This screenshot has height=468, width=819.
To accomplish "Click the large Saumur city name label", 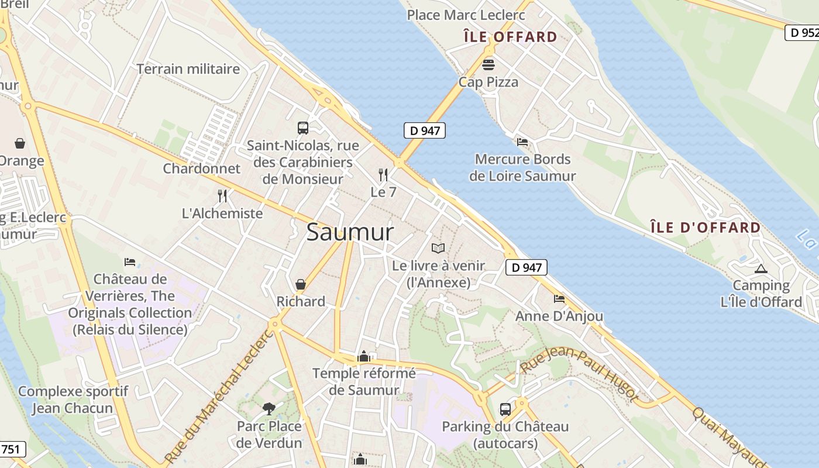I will point(350,232).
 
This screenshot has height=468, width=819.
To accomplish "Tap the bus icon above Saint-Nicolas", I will point(302,128).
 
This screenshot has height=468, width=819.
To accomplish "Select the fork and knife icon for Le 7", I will point(383,174).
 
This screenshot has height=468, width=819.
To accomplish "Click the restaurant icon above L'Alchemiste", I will point(222,195).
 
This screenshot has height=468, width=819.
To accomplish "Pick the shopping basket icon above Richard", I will point(301,284).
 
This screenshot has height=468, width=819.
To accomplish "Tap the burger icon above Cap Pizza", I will point(488,64).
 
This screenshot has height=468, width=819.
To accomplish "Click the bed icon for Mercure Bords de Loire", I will point(522,142).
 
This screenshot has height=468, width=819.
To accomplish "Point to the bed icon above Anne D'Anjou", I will point(559,299).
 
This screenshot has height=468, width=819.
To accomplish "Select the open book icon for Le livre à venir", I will point(438,249).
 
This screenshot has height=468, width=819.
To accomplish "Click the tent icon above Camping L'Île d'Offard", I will point(760,269).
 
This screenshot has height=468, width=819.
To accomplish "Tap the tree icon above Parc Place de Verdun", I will point(269,408).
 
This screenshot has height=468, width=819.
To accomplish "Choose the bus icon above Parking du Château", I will point(505,409).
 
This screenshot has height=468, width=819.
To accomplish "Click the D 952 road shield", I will point(801,33).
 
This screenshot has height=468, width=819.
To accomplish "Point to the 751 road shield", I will point(12,449).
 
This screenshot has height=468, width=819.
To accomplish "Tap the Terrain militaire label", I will point(188,69).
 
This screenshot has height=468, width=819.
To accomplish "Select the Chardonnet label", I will point(201,168).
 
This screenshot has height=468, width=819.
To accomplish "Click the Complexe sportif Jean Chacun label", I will point(73,400).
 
